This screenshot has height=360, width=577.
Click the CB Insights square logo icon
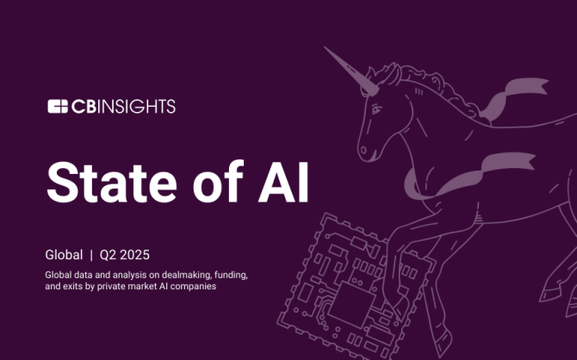(x=58, y=107)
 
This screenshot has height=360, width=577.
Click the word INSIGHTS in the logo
(x=137, y=107)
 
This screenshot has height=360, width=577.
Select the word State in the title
(x=112, y=183)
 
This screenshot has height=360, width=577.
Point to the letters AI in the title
(x=283, y=183)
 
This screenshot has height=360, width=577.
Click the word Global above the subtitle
(x=64, y=255)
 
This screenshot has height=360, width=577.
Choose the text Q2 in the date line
(x=108, y=255)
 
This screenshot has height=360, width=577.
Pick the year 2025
(x=134, y=255)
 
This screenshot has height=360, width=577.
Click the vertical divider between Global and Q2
(x=91, y=255)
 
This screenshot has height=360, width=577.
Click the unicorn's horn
(x=351, y=71)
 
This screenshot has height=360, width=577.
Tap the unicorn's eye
(x=376, y=109)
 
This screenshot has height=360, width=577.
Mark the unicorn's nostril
(x=363, y=150)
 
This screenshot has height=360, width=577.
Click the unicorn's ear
(x=394, y=74)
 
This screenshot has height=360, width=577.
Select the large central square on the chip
(x=352, y=305)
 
